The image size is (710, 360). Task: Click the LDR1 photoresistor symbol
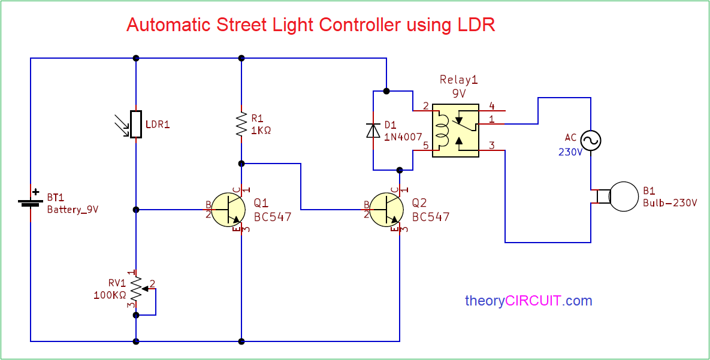(x=136, y=125)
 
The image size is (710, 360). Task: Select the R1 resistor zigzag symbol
(x=241, y=124)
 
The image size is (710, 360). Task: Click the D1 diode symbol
(x=373, y=130)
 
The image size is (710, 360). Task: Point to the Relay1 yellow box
(x=455, y=131)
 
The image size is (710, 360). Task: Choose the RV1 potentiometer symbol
(x=137, y=289)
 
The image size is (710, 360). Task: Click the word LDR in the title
(x=476, y=25)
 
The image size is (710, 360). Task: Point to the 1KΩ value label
(x=261, y=130)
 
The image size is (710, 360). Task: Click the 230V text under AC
(x=571, y=152)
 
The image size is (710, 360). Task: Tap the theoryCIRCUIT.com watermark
(x=528, y=301)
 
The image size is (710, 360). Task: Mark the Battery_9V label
(x=72, y=210)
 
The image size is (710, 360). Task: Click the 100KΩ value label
(x=110, y=295)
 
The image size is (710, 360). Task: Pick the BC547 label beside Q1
(x=273, y=217)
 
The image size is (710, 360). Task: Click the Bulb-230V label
(x=670, y=202)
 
